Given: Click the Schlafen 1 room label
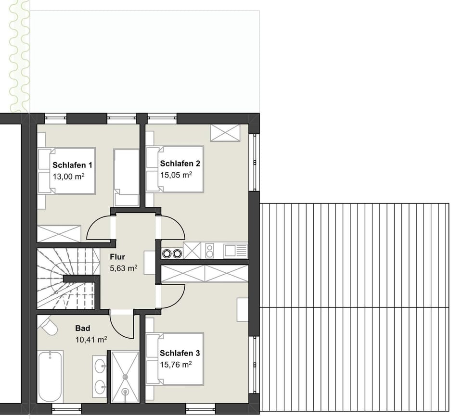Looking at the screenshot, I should [72, 165].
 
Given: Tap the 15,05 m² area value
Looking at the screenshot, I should [176, 175].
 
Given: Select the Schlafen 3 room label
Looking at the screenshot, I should [180, 353].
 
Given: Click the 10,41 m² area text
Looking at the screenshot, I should [91, 340].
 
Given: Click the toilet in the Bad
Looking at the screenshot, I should [48, 326].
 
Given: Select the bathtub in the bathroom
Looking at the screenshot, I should [50, 377].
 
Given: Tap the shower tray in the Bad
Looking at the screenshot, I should [125, 377].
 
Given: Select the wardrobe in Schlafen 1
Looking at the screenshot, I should [59, 233].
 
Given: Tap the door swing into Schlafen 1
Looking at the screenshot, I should [101, 229].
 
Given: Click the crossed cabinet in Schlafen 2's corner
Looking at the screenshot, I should [225, 133].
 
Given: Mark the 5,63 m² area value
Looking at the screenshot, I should [124, 268].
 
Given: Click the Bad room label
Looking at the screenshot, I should [82, 329].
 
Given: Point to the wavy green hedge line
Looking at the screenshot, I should [19, 55].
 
